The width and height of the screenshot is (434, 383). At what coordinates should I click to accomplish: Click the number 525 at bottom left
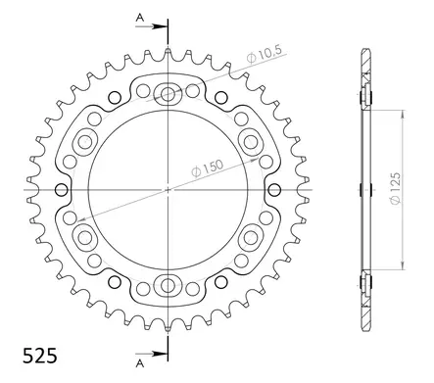[35, 350]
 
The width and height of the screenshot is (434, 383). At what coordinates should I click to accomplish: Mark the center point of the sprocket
[168, 188]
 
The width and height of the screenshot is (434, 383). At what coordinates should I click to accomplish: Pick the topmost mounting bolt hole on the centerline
[168, 95]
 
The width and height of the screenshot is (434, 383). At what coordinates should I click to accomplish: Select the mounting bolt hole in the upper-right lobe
[251, 141]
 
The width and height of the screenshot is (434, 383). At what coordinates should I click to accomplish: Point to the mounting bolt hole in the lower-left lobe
[85, 236]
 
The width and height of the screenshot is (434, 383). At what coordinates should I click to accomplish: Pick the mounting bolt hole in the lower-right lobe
[251, 236]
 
